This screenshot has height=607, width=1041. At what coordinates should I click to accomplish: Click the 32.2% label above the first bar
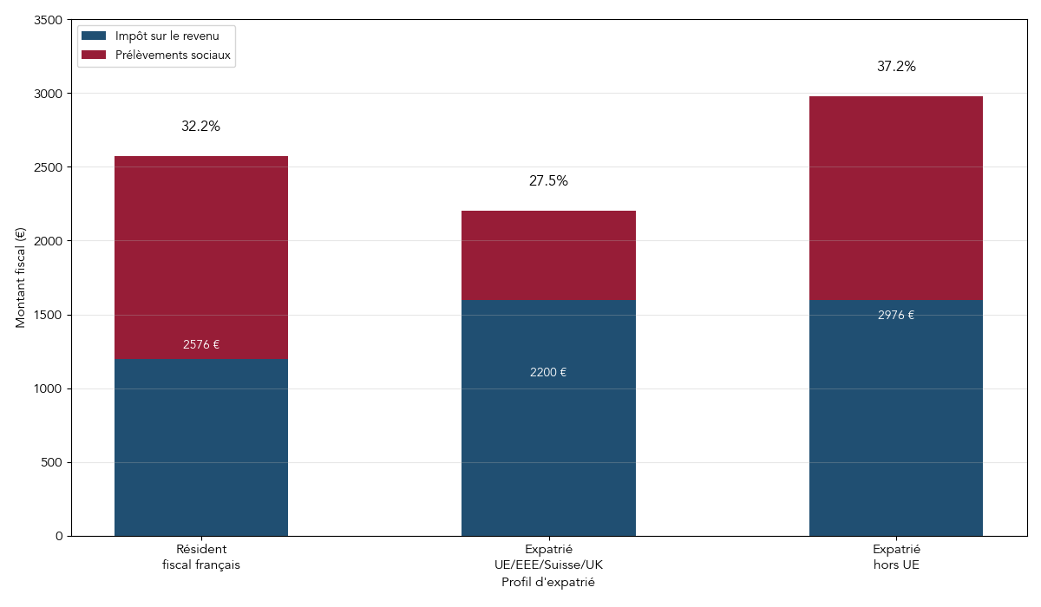(200, 127)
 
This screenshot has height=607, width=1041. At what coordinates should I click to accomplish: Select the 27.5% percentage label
(548, 181)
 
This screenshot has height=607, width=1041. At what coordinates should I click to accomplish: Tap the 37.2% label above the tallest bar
(896, 67)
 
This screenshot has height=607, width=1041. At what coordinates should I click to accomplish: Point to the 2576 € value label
(201, 345)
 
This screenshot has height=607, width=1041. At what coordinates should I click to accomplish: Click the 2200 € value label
(548, 373)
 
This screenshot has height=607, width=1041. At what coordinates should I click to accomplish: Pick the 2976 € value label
(896, 316)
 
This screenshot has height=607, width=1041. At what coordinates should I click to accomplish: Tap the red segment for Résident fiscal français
(201, 258)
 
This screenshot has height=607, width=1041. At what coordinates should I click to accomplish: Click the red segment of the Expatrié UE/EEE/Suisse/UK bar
(548, 255)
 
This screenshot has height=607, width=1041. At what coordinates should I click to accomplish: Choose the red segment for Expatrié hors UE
(896, 198)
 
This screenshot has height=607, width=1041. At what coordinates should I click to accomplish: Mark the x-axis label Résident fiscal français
(201, 557)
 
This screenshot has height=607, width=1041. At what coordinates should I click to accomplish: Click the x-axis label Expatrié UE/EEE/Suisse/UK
(548, 557)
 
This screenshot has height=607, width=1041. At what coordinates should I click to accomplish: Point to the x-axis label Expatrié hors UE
(896, 557)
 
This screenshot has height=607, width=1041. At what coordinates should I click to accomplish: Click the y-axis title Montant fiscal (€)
(21, 277)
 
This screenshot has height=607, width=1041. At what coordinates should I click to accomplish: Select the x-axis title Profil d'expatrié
(548, 583)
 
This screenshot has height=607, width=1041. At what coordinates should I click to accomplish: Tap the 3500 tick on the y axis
(49, 20)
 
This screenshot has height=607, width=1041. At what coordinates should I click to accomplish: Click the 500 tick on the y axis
(52, 462)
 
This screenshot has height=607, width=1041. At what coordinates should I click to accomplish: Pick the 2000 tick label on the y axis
(49, 241)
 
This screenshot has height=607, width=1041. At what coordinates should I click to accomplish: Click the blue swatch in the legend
(94, 36)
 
